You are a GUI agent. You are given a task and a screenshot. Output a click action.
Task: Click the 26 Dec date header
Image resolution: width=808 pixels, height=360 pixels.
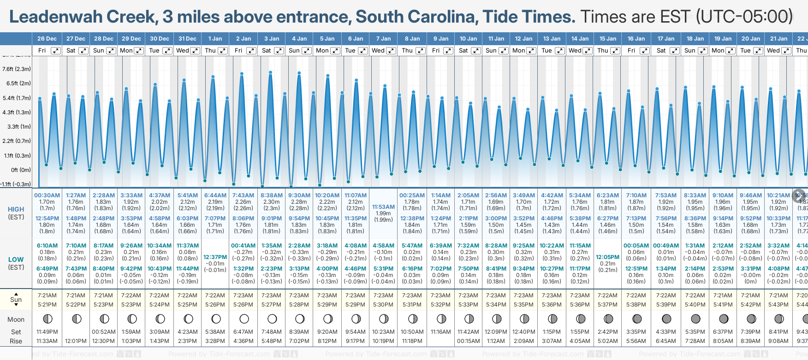(x=47, y=39)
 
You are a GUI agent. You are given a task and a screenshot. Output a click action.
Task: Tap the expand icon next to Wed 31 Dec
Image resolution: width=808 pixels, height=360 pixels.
(x=195, y=51)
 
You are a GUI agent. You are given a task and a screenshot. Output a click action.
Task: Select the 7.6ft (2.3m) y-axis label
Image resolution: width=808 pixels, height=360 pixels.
(x=17, y=69)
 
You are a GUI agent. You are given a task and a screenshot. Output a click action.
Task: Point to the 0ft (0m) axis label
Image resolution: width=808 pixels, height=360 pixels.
(x=21, y=170)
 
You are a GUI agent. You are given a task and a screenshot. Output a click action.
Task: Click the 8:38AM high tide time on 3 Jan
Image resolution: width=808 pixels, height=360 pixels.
(x=271, y=195)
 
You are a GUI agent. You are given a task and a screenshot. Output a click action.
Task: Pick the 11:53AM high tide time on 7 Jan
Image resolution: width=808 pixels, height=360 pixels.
(x=383, y=207)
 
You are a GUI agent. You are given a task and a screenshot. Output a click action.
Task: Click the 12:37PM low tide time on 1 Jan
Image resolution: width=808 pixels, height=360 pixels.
(x=215, y=257)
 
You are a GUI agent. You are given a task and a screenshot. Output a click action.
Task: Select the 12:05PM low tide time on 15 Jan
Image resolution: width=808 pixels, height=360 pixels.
(x=607, y=257)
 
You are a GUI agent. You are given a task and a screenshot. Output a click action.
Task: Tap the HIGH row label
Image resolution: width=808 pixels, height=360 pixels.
(x=16, y=209)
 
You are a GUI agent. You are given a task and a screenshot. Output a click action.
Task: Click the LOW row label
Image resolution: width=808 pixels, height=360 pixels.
(x=16, y=260)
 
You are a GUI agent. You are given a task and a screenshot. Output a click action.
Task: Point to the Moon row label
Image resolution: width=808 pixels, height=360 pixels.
(x=16, y=319)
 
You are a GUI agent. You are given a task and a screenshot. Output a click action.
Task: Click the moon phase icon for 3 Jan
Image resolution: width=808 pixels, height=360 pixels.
(x=272, y=319)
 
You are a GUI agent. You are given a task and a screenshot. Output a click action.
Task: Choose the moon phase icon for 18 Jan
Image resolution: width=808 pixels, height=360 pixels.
(x=695, y=319)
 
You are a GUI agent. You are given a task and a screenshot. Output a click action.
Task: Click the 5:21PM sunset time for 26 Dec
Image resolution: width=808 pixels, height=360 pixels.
(x=47, y=305)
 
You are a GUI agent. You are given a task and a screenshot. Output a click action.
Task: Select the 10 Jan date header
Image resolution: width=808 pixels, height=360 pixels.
(x=468, y=39)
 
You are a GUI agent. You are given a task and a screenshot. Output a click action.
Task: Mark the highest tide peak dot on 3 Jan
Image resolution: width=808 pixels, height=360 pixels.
(x=271, y=72)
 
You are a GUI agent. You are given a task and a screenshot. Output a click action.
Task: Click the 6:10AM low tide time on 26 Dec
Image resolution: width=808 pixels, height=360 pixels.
(x=47, y=246)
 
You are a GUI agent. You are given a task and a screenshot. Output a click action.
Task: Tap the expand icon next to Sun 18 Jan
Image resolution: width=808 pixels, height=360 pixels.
(x=702, y=51)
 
